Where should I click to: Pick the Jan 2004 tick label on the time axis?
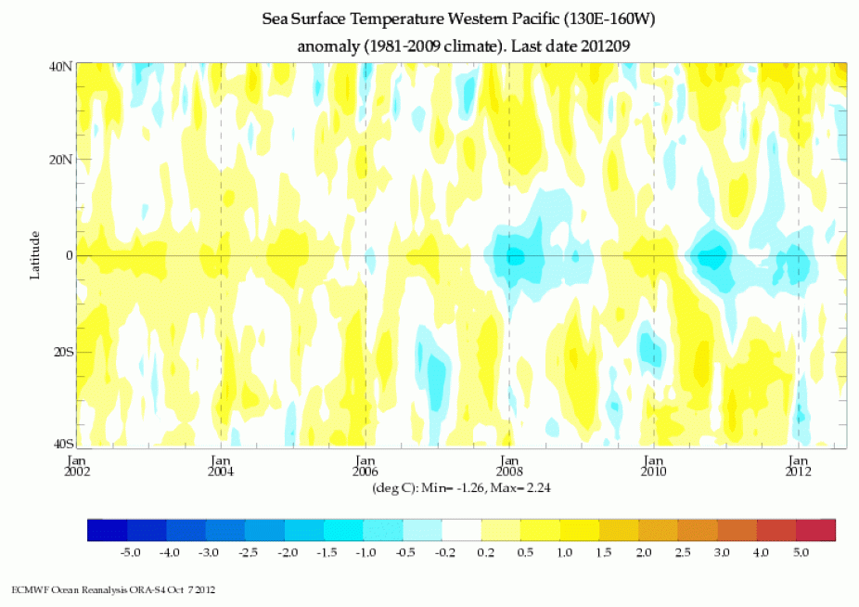(221, 465)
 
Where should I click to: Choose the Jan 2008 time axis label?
(509, 465)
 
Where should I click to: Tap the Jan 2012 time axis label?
(799, 465)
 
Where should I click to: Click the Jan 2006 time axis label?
(365, 465)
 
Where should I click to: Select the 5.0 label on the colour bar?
(799, 552)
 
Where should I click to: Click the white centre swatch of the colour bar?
(462, 530)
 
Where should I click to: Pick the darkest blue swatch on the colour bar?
(107, 530)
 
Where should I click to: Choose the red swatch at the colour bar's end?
(816, 530)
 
